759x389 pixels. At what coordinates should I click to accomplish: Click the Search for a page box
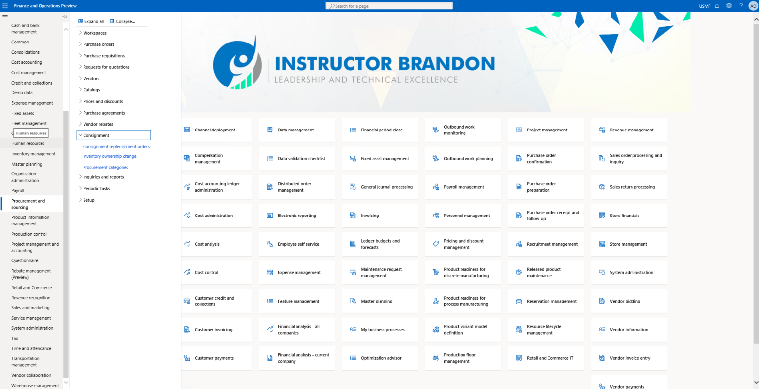pos(389,6)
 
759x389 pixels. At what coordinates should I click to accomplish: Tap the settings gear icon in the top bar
pos(729,6)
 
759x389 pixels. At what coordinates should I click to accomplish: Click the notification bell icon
pos(717,6)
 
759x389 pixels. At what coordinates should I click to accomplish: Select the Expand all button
pos(91,21)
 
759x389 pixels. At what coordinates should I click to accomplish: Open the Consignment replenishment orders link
pos(116,147)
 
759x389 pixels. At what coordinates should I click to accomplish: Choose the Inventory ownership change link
pos(110,156)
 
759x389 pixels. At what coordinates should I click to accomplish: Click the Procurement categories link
pos(105,167)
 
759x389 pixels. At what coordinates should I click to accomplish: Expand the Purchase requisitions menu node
pos(81,55)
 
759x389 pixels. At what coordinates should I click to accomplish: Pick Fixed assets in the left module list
pos(23,113)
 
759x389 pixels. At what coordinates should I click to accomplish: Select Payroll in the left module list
pos(18,191)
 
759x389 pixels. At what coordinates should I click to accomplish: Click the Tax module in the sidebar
pos(14,338)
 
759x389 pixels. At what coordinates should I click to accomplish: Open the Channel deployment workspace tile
pos(216,130)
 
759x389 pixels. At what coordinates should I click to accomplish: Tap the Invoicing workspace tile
pos(380,216)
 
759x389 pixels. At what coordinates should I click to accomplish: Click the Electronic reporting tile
pos(297,216)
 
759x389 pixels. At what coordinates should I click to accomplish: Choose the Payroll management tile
pos(463,187)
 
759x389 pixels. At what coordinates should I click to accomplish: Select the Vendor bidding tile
pos(629,301)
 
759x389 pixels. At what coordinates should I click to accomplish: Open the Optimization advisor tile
pos(380,358)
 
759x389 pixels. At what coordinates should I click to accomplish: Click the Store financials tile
pos(629,216)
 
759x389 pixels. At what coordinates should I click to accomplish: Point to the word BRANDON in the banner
pos(447,64)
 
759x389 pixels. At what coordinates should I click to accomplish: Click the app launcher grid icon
pos(5,6)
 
